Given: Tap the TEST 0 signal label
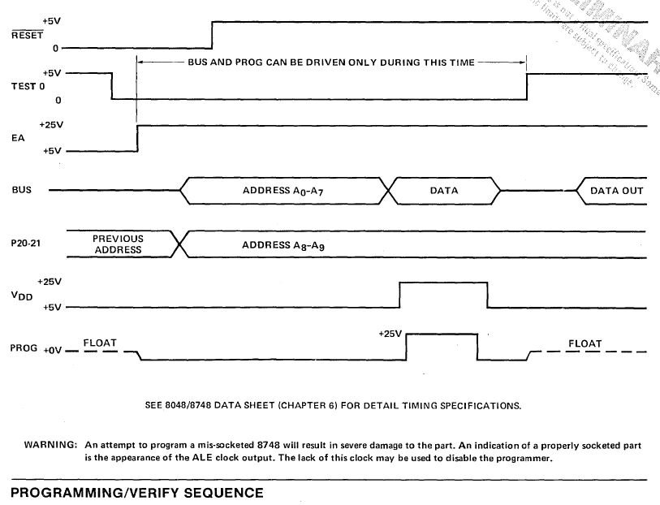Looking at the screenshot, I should [22, 86].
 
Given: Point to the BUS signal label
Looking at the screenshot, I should [22, 191].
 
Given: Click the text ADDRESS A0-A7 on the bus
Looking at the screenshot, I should [283, 192].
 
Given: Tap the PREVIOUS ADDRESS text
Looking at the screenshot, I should [118, 244].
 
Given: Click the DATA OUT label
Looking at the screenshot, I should [616, 191].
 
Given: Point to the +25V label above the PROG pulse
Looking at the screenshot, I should [390, 334].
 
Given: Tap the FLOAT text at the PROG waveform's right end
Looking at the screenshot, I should [585, 343].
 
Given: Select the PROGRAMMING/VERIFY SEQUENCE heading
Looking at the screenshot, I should [136, 493].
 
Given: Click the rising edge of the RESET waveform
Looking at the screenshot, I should [212, 35].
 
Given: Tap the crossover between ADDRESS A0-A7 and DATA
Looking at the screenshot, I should [391, 191].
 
